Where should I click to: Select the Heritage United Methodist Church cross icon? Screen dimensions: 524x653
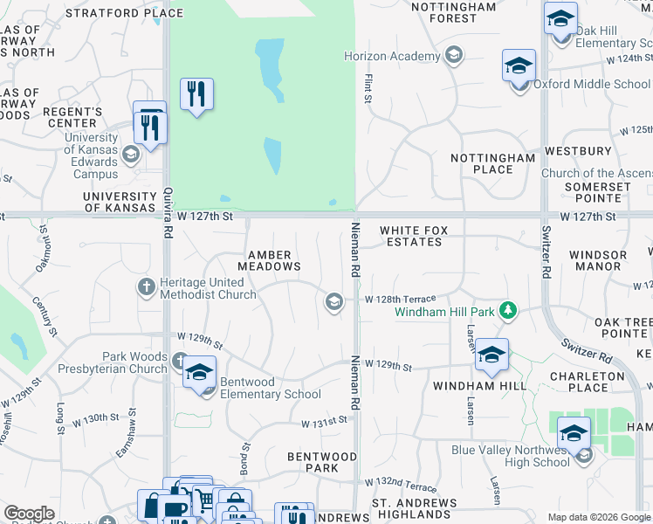click(x=148, y=286)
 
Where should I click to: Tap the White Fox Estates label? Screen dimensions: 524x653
click(x=415, y=236)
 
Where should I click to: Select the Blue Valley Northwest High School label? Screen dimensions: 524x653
click(x=512, y=456)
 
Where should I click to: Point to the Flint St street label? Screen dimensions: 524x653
click(x=368, y=87)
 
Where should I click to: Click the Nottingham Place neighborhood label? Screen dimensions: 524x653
click(x=492, y=163)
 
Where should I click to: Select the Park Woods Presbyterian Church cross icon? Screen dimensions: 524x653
click(x=180, y=360)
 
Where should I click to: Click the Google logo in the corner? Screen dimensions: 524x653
click(x=29, y=514)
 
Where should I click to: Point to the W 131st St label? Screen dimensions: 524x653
click(x=325, y=423)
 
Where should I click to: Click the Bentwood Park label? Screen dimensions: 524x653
click(x=322, y=462)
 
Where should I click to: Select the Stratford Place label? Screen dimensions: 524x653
click(x=136, y=13)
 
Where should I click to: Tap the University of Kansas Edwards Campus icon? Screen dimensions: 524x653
click(x=131, y=155)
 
